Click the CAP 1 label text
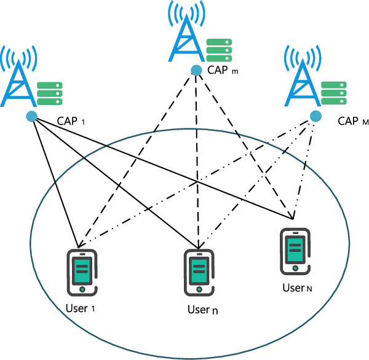pos(70,121)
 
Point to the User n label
pos(202,310)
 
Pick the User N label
pos(297,288)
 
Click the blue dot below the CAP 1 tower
pos(31,116)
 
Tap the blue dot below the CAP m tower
pos(196,70)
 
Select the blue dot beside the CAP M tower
pos(315,116)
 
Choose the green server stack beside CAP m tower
pos(219,50)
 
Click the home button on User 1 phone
pos(82,288)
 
